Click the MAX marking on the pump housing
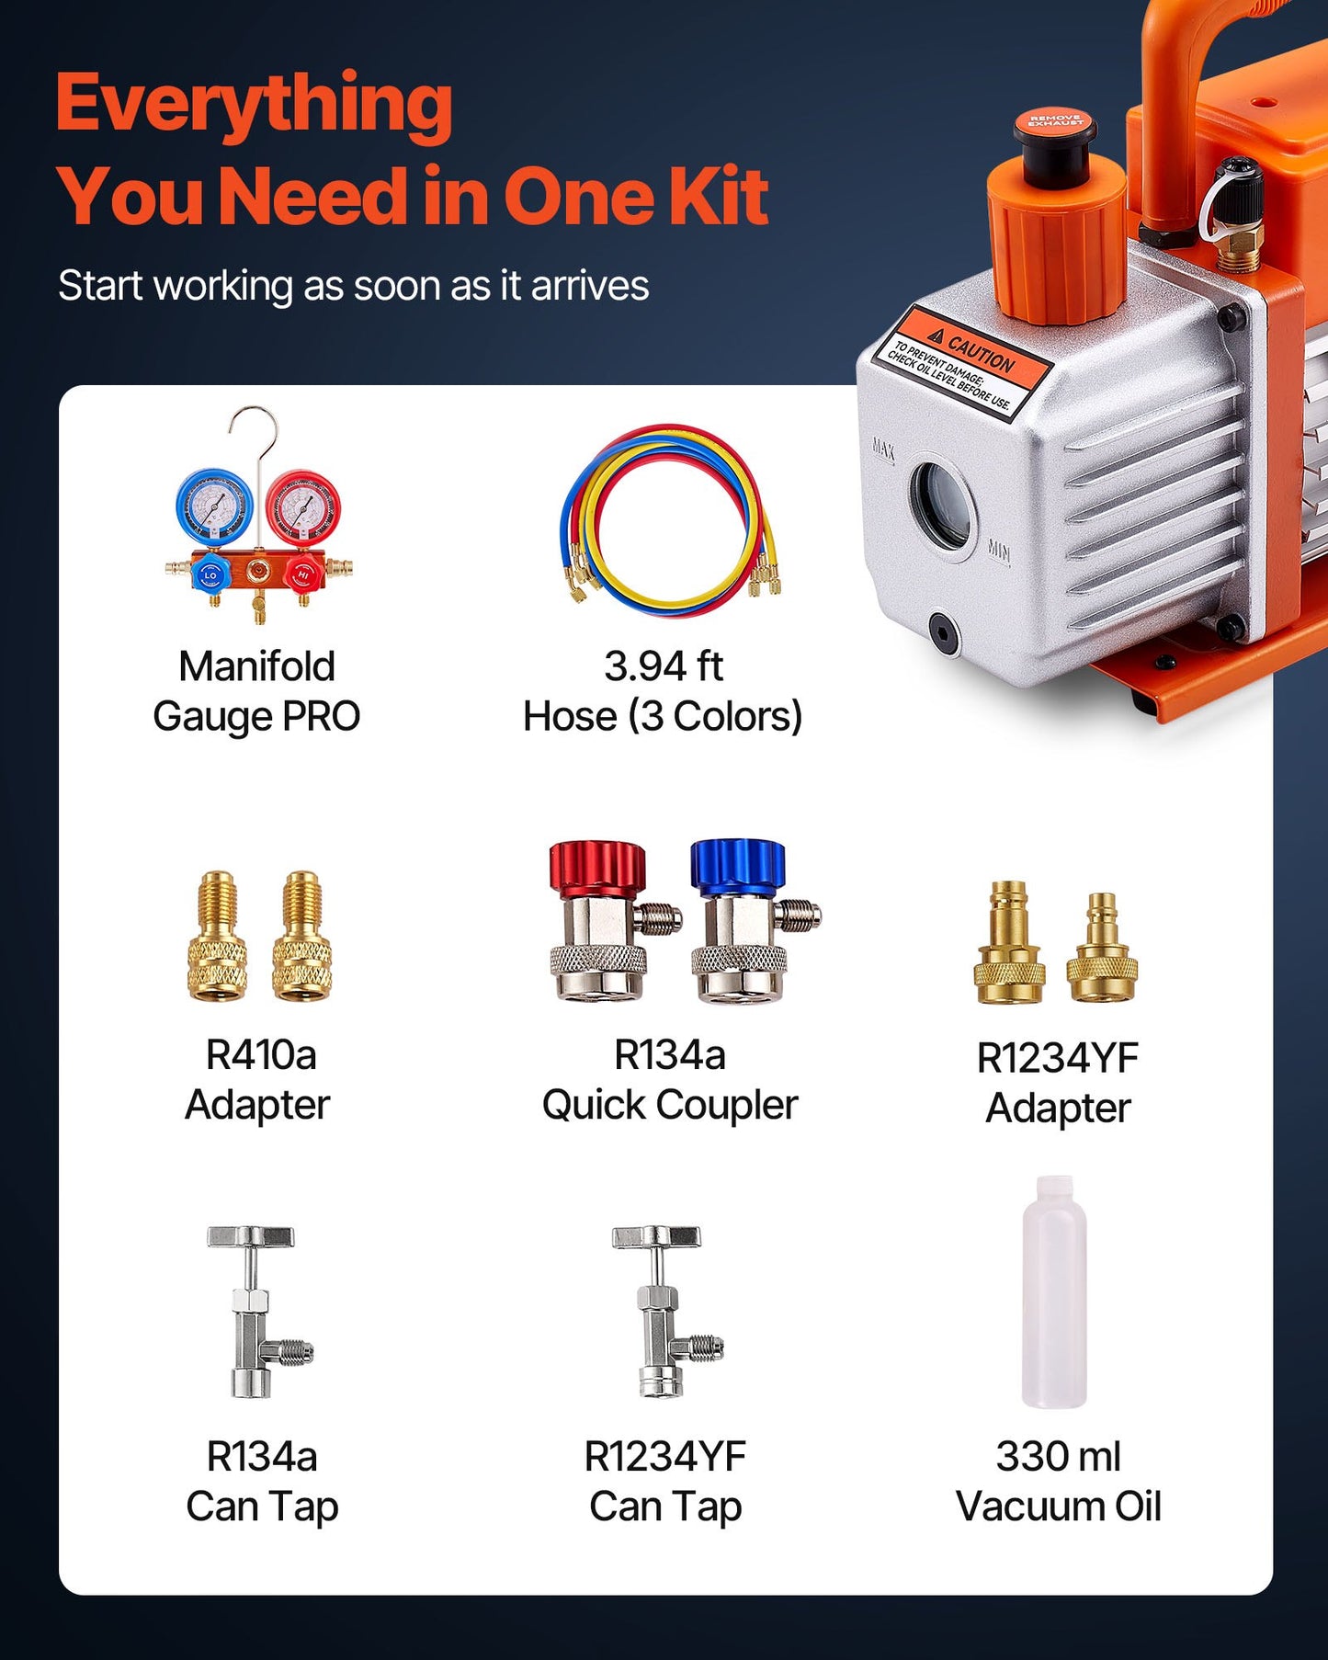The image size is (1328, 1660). (x=882, y=449)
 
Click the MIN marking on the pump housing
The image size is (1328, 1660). (x=998, y=551)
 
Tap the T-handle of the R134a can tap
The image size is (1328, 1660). (x=250, y=1236)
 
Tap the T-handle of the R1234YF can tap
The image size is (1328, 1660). (x=656, y=1236)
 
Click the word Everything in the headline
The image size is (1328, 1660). (x=255, y=106)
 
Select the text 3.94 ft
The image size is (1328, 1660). (x=663, y=666)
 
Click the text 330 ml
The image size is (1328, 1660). (x=1058, y=1456)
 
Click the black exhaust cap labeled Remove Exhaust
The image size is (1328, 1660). (x=1055, y=138)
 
